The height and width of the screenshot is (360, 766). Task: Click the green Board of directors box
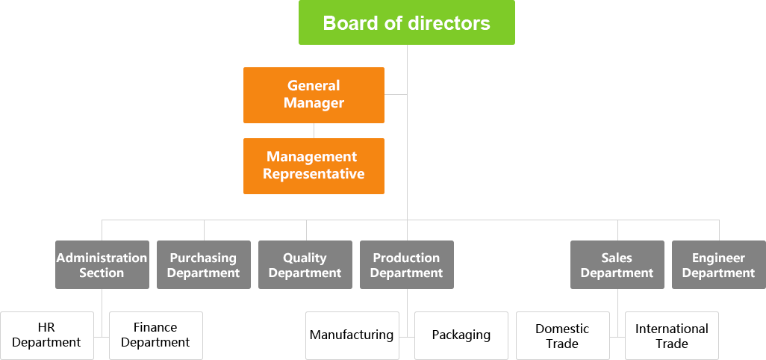pos(406,22)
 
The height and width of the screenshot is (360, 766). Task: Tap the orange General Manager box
pos(314,95)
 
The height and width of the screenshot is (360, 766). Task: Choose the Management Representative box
pos(314,166)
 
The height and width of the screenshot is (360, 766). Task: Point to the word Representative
pos(314,174)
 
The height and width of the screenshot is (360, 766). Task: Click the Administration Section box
pos(102,264)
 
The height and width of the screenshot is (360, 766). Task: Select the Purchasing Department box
pos(203,264)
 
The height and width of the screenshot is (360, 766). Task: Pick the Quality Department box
pos(305,264)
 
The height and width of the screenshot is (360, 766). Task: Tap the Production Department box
pos(406,264)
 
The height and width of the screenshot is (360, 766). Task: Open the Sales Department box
pos(617,264)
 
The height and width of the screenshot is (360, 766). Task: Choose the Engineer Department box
pos(718,264)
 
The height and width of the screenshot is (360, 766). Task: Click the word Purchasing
pos(203,258)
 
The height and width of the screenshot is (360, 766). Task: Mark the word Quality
pos(305,258)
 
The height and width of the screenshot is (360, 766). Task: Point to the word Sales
pos(617,258)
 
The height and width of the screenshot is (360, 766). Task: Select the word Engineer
pos(718,258)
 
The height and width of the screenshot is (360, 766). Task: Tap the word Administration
pos(102,258)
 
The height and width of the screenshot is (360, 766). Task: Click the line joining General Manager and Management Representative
pos(314,131)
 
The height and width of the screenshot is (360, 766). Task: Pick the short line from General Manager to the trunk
pos(396,94)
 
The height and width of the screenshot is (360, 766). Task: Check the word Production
pos(406,258)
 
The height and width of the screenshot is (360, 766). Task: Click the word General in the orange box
pos(314,86)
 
